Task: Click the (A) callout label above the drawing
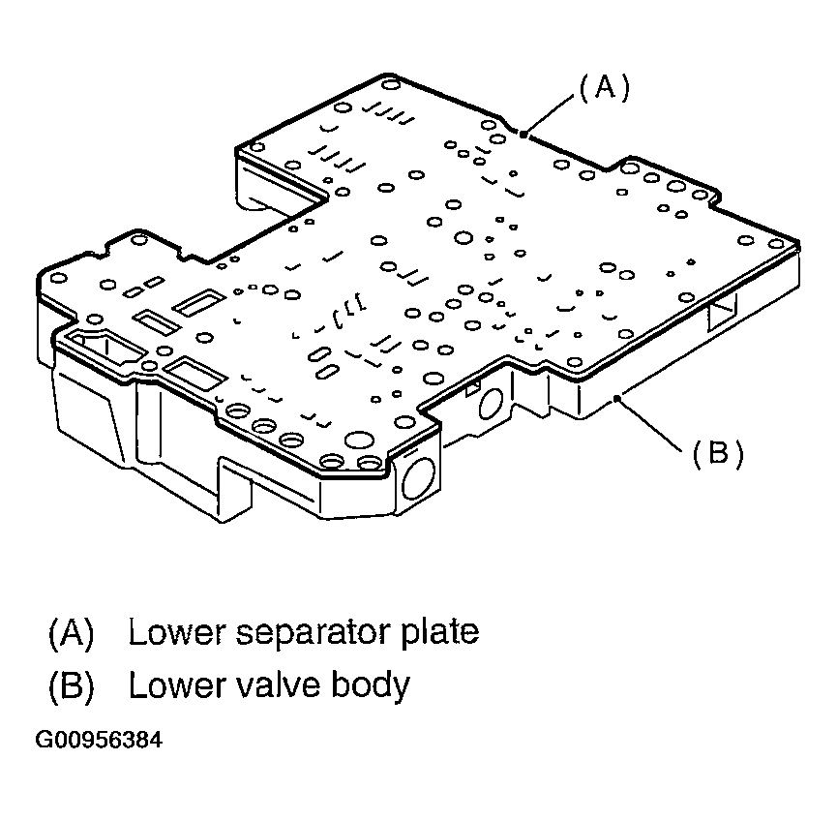(x=604, y=88)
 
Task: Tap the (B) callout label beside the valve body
(x=717, y=453)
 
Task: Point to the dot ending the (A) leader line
(x=523, y=135)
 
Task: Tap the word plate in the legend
(x=441, y=632)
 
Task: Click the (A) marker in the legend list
(x=71, y=633)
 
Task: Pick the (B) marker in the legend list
(x=71, y=685)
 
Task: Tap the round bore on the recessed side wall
(x=488, y=408)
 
